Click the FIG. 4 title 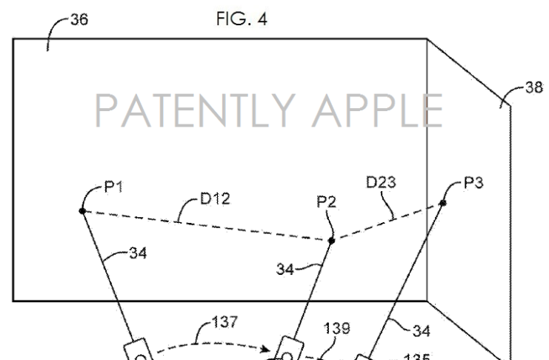pyautogui.click(x=242, y=19)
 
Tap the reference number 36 pyautogui.click(x=79, y=19)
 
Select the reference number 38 pyautogui.click(x=534, y=87)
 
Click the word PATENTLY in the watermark pyautogui.click(x=195, y=110)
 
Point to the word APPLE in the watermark pyautogui.click(x=378, y=110)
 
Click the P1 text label pyautogui.click(x=114, y=187)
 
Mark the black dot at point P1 pyautogui.click(x=82, y=211)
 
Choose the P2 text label pyautogui.click(x=326, y=202)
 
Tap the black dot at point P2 pyautogui.click(x=331, y=241)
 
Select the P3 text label pyautogui.click(x=473, y=182)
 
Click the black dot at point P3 pyautogui.click(x=443, y=203)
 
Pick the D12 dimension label pyautogui.click(x=215, y=199)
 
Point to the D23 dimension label pyautogui.click(x=381, y=182)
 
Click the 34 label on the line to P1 pyautogui.click(x=138, y=253)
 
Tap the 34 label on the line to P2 pyautogui.click(x=285, y=270)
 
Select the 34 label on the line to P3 pyautogui.click(x=422, y=331)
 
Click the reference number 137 pyautogui.click(x=224, y=322)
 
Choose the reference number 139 pyautogui.click(x=336, y=328)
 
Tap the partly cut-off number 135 pyautogui.click(x=416, y=357)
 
